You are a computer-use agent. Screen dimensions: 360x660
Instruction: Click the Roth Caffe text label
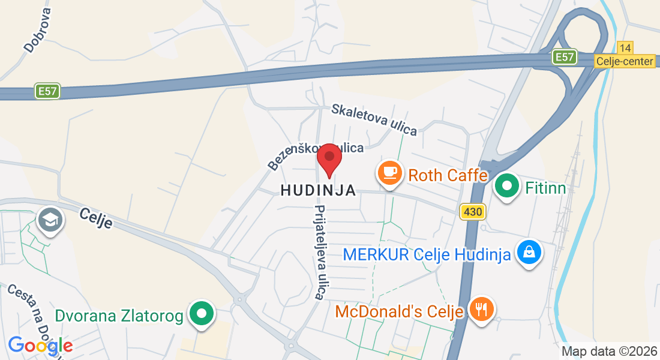pos(448,176)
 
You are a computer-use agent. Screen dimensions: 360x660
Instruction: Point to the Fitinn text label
pos(545,188)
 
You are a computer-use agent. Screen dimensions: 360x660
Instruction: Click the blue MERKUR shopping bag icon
pos(530,253)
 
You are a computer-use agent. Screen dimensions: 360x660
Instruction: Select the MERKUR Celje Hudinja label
pos(427,254)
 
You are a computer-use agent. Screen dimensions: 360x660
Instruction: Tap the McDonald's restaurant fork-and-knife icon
pos(481,310)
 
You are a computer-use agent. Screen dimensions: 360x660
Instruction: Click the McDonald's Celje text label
pos(399,312)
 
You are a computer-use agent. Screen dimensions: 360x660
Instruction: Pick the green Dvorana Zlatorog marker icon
pos(202,314)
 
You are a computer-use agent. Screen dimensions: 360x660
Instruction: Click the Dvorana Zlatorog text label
pos(119,316)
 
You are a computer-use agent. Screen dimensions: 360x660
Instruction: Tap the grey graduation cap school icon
pos(50,220)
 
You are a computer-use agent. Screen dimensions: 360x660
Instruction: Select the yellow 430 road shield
pos(472,212)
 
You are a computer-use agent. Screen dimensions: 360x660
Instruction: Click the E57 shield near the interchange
pos(565,57)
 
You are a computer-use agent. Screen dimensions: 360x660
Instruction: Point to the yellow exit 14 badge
pos(625,48)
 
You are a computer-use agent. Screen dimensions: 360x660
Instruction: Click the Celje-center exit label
pos(625,61)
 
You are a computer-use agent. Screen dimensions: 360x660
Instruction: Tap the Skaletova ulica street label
pos(374,119)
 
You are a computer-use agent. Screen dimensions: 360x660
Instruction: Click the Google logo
pos(40,346)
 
